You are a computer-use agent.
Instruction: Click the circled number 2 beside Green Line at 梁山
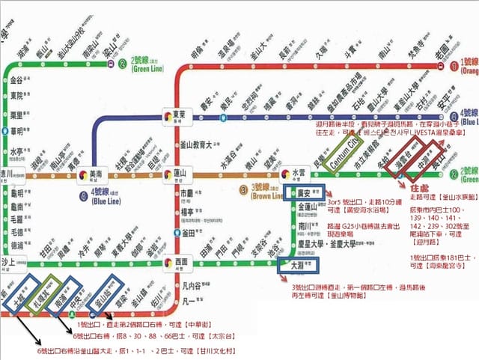click(x=122, y=62)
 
